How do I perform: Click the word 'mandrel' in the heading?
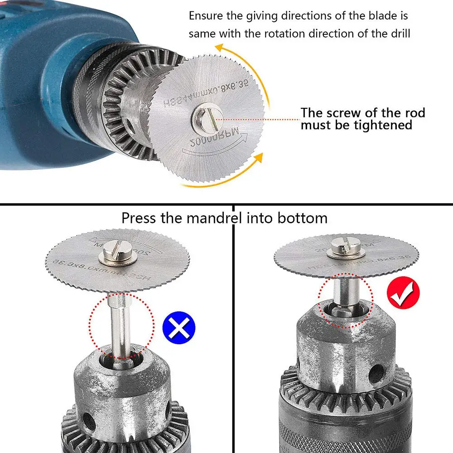(213, 218)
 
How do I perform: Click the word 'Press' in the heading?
(140, 218)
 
